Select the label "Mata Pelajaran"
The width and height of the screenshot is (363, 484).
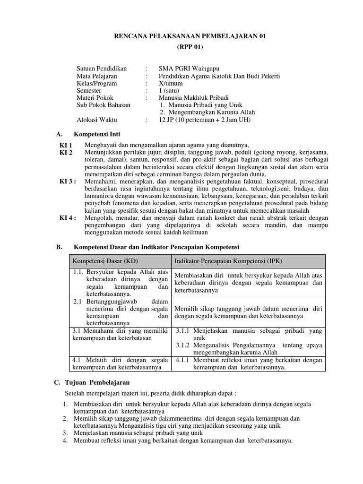[97, 76]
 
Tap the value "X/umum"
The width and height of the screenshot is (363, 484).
[171, 84]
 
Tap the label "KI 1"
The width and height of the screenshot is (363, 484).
[66, 145]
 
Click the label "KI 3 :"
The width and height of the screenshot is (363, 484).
[68, 181]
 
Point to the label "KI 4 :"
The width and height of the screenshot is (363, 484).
[68, 218]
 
